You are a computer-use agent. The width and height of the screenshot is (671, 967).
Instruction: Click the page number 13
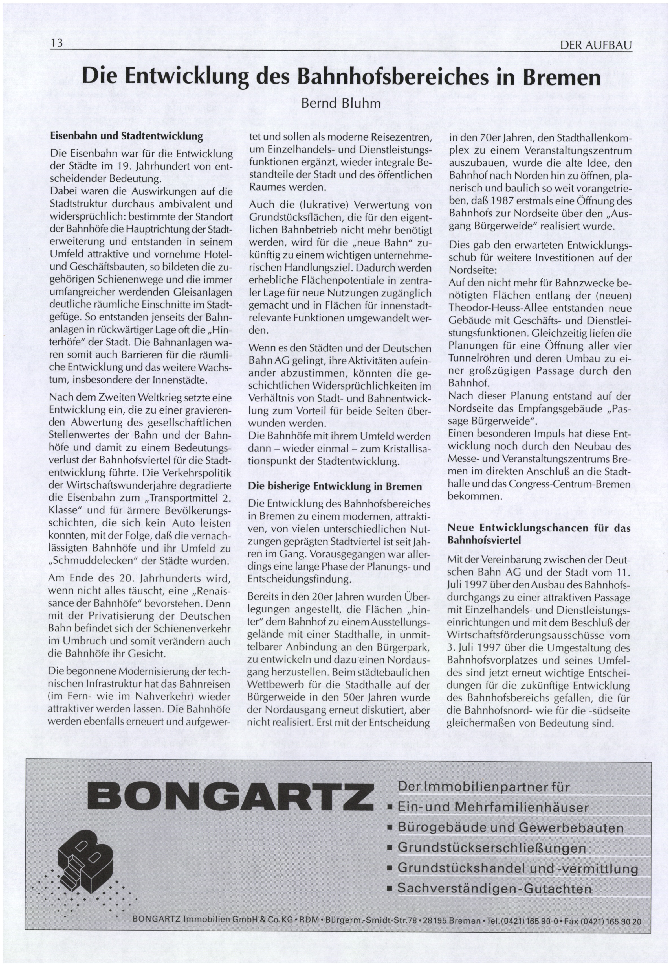click(x=56, y=43)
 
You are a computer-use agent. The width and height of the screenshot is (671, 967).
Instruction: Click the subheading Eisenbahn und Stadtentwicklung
click(x=126, y=136)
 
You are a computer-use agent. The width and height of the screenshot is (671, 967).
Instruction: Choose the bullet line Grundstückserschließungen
click(x=492, y=848)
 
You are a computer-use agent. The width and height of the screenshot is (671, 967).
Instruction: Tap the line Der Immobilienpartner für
click(x=483, y=787)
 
